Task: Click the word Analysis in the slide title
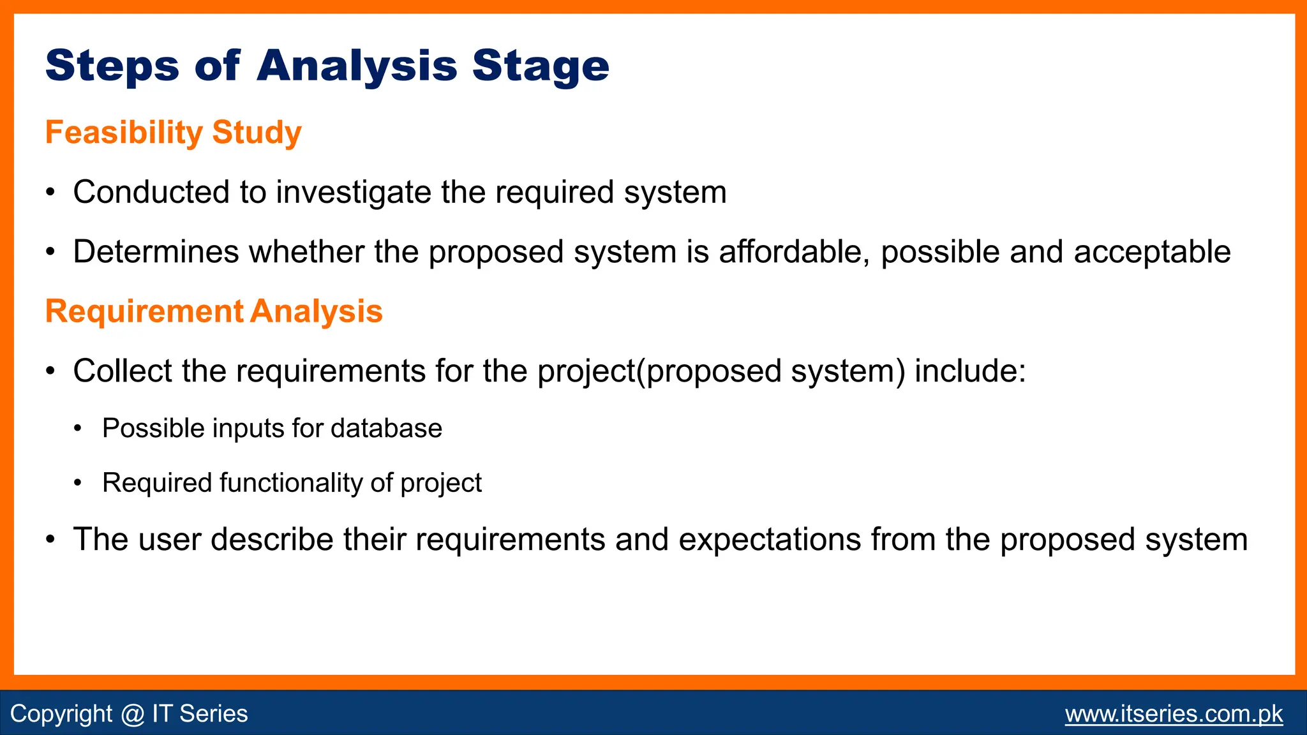coord(357,66)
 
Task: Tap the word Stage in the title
coord(541,66)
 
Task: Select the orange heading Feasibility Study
coord(173,133)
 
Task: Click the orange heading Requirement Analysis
coord(214,311)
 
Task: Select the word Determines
coord(156,251)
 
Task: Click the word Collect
coord(122,371)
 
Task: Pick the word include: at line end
coord(969,371)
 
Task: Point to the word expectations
coord(770,539)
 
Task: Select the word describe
coord(272,539)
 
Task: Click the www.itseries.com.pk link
coord(1174,713)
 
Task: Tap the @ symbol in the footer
coord(132,714)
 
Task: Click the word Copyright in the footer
coord(61,714)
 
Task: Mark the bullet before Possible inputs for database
coord(78,429)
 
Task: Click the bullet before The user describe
coord(50,540)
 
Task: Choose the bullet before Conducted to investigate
coord(50,193)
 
